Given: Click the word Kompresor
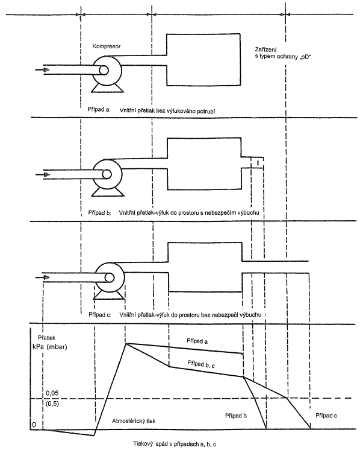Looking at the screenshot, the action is click(107, 46).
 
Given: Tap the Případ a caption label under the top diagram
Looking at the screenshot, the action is click(99, 109).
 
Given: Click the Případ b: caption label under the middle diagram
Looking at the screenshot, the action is click(100, 213).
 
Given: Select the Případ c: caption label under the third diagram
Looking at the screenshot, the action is click(100, 314).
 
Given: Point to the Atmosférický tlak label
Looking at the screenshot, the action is click(134, 421).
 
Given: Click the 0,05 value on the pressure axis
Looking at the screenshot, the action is click(52, 393).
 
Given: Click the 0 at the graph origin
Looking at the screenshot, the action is click(34, 425).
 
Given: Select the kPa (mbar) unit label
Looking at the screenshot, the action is click(50, 347).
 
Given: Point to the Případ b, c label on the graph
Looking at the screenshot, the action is click(201, 364).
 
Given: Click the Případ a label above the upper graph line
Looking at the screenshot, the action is click(197, 341).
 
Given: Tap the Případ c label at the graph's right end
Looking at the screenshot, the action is click(326, 415).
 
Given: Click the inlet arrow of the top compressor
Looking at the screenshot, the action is click(42, 69).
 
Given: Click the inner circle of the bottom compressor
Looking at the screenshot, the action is click(109, 277).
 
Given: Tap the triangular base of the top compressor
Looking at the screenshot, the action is click(108, 89).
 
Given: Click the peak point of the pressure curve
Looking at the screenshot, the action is click(125, 343).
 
